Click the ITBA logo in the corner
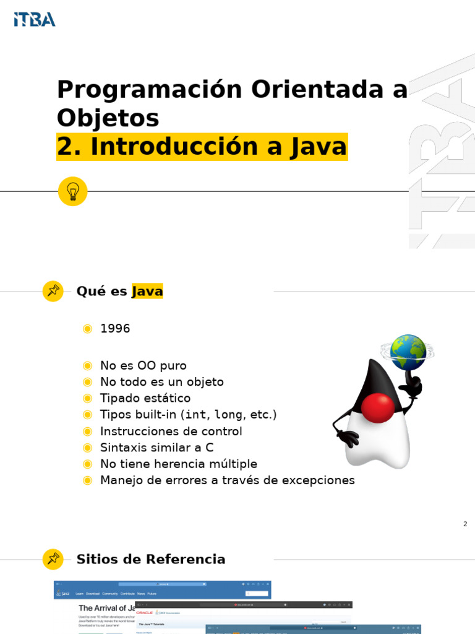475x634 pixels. coord(35,19)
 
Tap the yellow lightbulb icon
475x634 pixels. coord(72,191)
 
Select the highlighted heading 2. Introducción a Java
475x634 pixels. coord(202,147)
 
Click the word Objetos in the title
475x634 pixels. coord(108,118)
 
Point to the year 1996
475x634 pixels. coord(115,329)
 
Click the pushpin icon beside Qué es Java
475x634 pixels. coord(53,291)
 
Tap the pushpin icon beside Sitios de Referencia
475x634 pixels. coord(53,559)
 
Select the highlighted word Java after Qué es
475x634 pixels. coord(147,291)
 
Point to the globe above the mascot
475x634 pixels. coord(408,352)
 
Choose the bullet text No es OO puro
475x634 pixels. coord(143,366)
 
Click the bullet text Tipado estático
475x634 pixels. coord(145,398)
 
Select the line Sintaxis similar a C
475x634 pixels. coord(156,448)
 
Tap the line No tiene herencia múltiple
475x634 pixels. coord(178,464)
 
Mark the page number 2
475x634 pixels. coord(465,524)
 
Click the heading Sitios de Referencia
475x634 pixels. coord(151,560)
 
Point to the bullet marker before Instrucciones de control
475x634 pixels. coord(88,432)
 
